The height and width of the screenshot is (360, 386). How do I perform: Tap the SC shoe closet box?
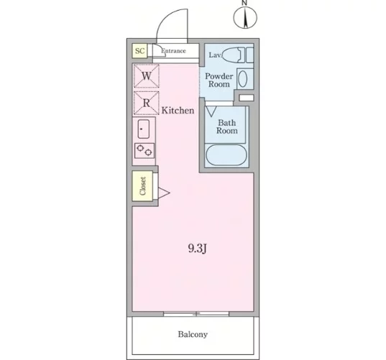[139, 51]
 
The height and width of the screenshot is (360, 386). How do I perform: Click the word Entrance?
[173, 51]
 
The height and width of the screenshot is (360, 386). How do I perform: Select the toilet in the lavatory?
[234, 55]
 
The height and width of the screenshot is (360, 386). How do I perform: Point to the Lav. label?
[216, 55]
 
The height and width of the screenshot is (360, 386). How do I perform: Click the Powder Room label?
[219, 80]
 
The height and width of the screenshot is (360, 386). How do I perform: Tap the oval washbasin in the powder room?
[243, 79]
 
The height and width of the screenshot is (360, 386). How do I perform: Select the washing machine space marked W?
[146, 75]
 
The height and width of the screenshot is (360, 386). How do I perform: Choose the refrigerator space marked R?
[146, 103]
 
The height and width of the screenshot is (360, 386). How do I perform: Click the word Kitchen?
[178, 111]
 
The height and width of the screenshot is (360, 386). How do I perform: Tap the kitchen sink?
[144, 129]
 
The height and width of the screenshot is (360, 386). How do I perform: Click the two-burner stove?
[144, 150]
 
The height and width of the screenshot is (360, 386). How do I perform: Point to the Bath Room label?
[226, 126]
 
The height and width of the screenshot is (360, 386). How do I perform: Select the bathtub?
[226, 154]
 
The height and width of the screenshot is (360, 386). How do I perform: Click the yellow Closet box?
[142, 186]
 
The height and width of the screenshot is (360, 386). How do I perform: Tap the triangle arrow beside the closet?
[164, 193]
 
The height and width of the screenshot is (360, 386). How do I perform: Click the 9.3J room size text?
[197, 249]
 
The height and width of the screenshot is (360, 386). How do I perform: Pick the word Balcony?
[193, 334]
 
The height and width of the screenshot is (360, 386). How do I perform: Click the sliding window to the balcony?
[196, 314]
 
